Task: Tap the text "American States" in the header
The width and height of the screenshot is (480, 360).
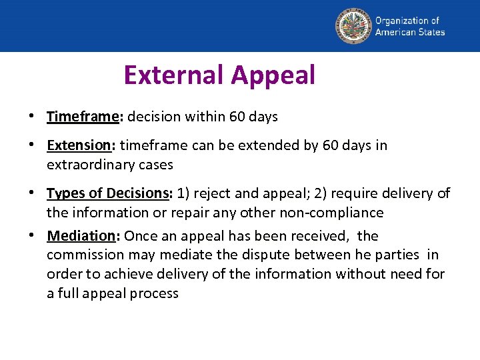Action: point(409,32)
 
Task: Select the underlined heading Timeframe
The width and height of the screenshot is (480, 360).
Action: point(82,117)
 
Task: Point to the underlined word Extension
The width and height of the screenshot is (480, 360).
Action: point(78,145)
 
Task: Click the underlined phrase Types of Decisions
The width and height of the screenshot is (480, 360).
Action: point(109,193)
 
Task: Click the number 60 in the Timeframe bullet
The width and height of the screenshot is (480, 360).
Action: point(237,117)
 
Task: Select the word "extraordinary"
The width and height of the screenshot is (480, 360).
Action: point(89,165)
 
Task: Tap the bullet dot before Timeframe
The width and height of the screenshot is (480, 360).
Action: point(32,117)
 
